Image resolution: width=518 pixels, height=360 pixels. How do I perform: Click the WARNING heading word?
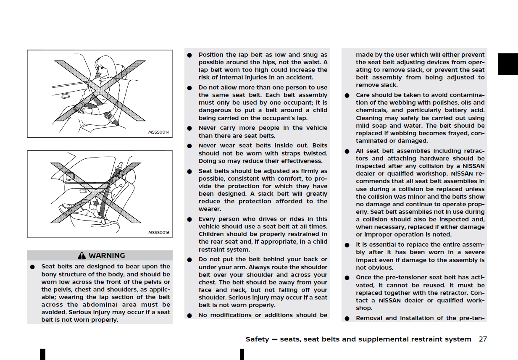(107, 255)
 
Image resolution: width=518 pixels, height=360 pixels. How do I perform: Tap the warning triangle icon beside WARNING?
(82, 255)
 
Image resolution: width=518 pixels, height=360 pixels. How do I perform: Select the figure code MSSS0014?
(159, 132)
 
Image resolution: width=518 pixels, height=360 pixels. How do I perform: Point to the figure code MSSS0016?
(159, 232)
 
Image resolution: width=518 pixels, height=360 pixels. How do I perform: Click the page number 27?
(483, 339)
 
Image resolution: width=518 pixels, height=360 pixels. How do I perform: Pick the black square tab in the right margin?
(507, 64)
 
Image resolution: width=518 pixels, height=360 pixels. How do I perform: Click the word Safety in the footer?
(257, 339)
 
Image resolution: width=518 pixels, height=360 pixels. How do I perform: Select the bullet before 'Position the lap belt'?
(189, 55)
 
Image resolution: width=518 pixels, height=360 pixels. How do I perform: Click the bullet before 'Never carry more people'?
(189, 128)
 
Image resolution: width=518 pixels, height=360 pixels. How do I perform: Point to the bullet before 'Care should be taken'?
(347, 95)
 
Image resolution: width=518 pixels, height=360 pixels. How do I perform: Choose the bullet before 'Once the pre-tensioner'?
(347, 278)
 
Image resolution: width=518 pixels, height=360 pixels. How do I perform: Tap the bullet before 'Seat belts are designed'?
(32, 267)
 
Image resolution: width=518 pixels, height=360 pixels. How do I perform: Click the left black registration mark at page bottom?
(42, 354)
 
